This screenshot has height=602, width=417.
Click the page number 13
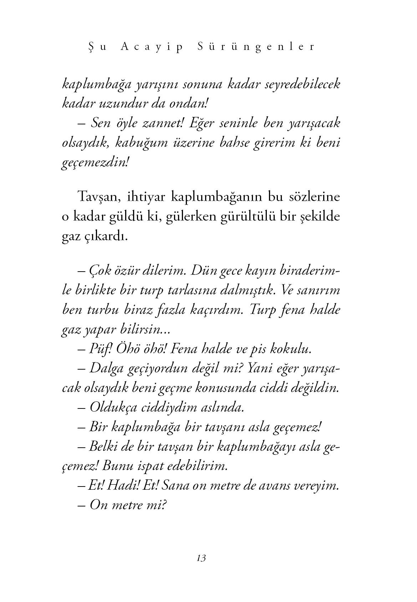coord(201,558)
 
